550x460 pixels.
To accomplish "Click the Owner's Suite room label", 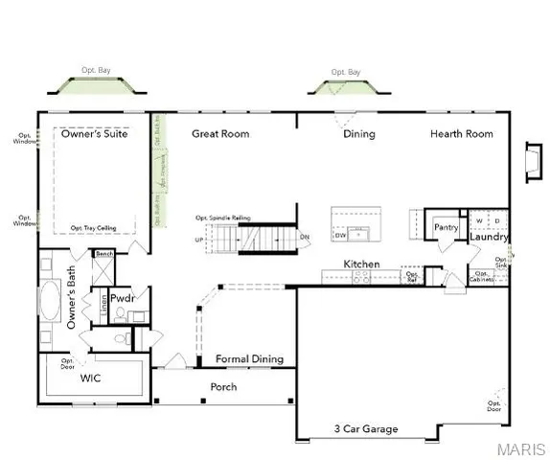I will coord(95,134).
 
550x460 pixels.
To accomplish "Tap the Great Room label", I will coord(220,134).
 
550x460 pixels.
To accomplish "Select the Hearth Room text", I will coord(461,134).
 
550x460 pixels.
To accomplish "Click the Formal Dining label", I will coord(249,359).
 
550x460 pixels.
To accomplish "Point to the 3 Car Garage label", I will coord(365,429).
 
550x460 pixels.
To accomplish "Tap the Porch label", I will coord(223,387).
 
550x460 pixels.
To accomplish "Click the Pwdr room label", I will coord(121,298).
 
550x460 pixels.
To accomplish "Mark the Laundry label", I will coord(489,238).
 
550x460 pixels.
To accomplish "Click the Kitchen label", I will coord(362,264).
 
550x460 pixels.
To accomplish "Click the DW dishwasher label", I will coord(341,234).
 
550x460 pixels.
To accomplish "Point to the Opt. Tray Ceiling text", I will coord(95,228).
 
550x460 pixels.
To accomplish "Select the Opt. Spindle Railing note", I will coord(222,218).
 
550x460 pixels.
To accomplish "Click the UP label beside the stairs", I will coord(199,239).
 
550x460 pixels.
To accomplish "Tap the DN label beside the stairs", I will coord(304,237).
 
